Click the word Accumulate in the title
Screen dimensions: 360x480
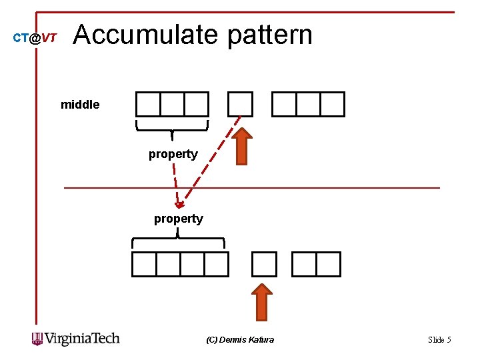[x=146, y=35]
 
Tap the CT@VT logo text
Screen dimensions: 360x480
[x=35, y=39]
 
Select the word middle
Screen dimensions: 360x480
[x=80, y=105]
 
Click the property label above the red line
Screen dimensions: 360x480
[x=173, y=154]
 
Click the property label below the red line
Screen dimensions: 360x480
[x=178, y=219]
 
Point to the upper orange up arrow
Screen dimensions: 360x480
[x=244, y=146]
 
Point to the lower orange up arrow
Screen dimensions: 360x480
[x=264, y=301]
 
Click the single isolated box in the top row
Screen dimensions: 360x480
[x=240, y=104]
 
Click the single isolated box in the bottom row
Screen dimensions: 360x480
[x=264, y=264]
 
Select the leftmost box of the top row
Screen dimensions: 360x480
[x=148, y=104]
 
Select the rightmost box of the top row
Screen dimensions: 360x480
[x=333, y=104]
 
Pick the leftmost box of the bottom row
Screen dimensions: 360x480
[x=144, y=264]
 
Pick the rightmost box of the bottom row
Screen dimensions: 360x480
[x=328, y=264]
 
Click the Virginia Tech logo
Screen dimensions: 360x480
[x=75, y=339]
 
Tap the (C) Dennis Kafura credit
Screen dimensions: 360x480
[x=240, y=340]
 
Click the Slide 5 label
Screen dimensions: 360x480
[x=439, y=340]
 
